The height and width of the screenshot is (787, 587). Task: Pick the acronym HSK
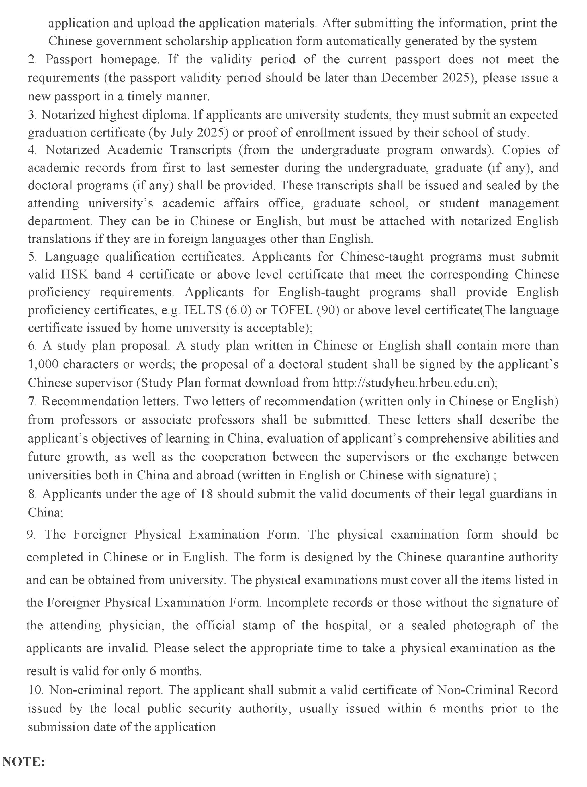point(74,274)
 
